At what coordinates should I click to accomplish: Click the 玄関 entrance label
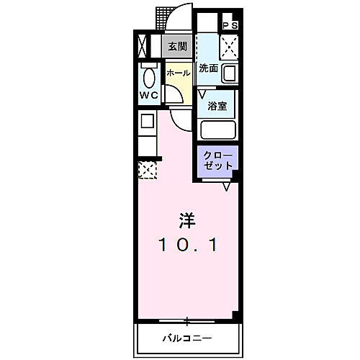coord(177,46)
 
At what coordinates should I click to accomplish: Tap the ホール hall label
coord(179,73)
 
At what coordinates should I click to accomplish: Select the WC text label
coord(148,94)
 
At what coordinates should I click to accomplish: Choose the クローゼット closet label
coord(217,159)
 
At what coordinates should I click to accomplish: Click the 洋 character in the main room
coord(186,218)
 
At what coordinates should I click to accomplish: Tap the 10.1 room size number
coord(186,244)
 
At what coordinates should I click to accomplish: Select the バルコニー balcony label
coord(186,338)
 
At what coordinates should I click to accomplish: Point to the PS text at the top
coord(230,27)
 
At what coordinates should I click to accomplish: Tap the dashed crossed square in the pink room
coord(148,171)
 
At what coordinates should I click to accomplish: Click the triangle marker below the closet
coord(227,186)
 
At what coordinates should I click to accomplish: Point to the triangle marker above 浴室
coord(203,92)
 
